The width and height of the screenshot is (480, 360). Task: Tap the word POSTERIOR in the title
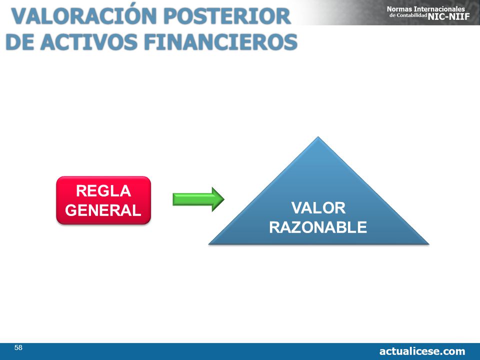click(227, 16)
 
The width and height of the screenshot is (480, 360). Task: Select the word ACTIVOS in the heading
click(89, 42)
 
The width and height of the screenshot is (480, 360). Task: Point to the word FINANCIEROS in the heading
click(220, 42)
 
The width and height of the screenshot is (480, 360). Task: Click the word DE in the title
click(20, 42)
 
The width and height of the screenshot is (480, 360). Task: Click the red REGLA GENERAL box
click(103, 200)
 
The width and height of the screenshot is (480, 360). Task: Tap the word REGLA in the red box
click(103, 191)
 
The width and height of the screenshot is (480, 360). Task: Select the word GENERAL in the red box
click(103, 210)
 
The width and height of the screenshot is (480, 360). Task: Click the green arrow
click(198, 199)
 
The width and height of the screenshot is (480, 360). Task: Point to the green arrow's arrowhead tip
click(224, 199)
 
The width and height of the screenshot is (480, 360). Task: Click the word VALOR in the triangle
click(318, 208)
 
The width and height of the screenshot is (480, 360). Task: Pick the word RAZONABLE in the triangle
click(318, 227)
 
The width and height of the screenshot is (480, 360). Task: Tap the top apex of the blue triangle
click(318, 137)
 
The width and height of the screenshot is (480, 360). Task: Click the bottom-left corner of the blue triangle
click(209, 244)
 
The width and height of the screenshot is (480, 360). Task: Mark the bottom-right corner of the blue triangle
click(428, 244)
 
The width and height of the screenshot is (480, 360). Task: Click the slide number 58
click(18, 347)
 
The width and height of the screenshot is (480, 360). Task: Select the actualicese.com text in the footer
click(422, 351)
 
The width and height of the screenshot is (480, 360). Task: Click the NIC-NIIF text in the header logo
click(449, 16)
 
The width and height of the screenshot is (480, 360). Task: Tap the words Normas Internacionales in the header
click(426, 9)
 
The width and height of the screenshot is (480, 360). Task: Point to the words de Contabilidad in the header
click(408, 15)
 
